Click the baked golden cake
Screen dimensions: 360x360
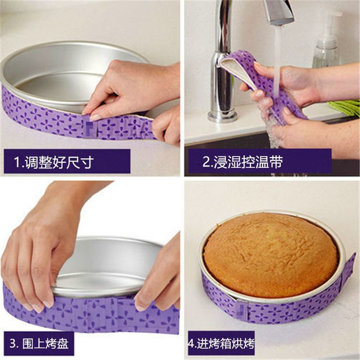coord(270,254)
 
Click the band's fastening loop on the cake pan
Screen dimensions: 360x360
coord(242,310)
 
